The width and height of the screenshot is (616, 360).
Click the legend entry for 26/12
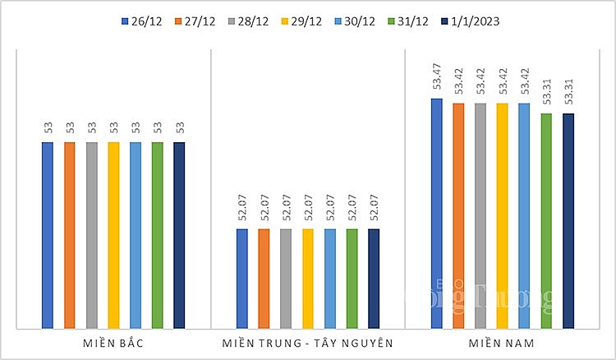(x=140, y=21)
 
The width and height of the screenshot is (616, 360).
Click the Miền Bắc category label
(x=113, y=341)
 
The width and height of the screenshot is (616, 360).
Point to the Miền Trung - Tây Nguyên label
(x=308, y=341)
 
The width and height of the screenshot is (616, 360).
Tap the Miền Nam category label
(x=502, y=341)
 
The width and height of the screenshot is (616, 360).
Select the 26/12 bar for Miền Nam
(x=437, y=214)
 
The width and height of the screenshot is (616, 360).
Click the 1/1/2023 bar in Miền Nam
(x=568, y=221)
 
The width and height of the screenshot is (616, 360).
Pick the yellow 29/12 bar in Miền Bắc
(x=113, y=235)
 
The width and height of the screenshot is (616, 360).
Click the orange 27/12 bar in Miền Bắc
(x=70, y=235)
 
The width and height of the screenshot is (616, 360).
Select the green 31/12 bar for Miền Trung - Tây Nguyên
(x=352, y=279)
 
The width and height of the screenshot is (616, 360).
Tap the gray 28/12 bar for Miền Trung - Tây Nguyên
(x=286, y=279)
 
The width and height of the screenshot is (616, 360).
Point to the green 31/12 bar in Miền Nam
(x=546, y=221)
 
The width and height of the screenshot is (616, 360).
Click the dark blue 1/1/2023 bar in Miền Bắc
(x=179, y=235)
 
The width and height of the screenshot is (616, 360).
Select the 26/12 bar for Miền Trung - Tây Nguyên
(x=242, y=279)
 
